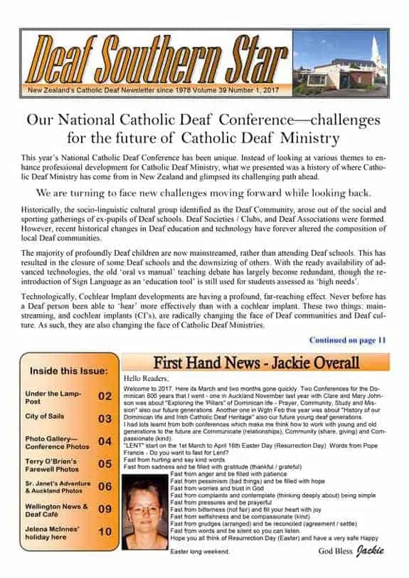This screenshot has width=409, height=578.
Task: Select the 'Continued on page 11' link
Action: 347,341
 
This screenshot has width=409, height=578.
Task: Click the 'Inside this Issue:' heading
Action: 68,371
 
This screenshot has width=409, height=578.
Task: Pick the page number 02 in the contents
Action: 105,396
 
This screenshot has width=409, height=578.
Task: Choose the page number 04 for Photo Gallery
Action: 105,441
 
